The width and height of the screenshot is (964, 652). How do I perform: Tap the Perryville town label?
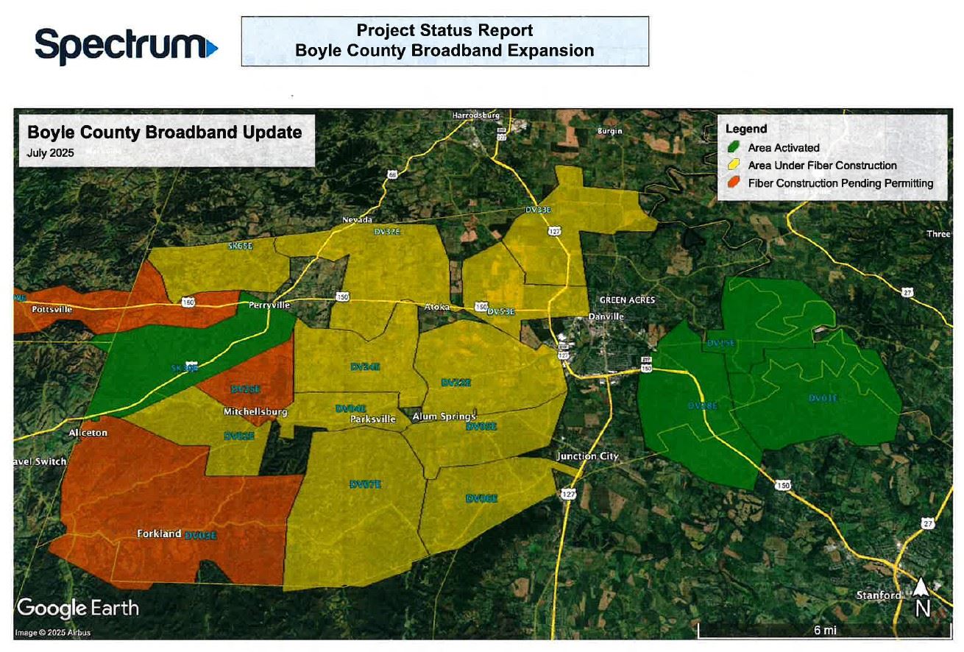[269, 305]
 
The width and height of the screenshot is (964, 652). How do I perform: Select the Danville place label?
[606, 316]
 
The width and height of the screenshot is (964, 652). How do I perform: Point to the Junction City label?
[587, 456]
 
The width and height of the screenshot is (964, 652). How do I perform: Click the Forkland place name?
[159, 534]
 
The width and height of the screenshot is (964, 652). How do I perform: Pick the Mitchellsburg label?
[255, 412]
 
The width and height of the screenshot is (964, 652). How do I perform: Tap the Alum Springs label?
[444, 417]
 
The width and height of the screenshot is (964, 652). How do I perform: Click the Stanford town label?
[879, 595]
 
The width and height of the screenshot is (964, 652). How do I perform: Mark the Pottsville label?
[52, 310]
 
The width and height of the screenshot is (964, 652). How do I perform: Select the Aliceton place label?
[88, 433]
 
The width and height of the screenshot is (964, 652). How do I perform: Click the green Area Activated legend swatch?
[734, 148]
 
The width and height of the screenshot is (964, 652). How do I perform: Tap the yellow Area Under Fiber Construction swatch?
[734, 166]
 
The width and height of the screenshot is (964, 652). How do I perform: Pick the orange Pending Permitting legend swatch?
[734, 183]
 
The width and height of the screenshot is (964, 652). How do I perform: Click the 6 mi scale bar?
[824, 631]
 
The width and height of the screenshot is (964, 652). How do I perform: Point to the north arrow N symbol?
[922, 598]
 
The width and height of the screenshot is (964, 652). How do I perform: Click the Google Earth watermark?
[77, 609]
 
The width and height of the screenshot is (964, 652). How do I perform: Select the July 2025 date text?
[51, 153]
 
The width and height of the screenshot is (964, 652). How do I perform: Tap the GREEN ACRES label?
[627, 300]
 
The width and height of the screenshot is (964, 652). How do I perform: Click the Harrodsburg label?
[476, 116]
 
